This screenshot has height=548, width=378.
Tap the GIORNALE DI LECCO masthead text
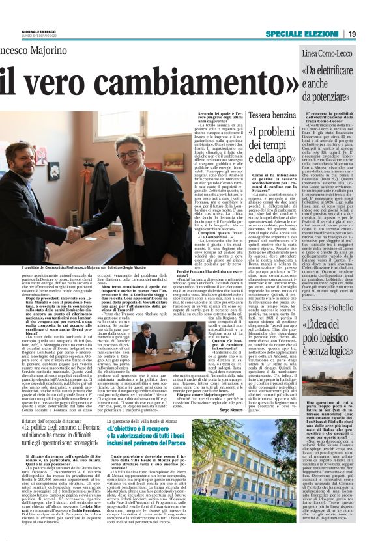coord(39,31)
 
